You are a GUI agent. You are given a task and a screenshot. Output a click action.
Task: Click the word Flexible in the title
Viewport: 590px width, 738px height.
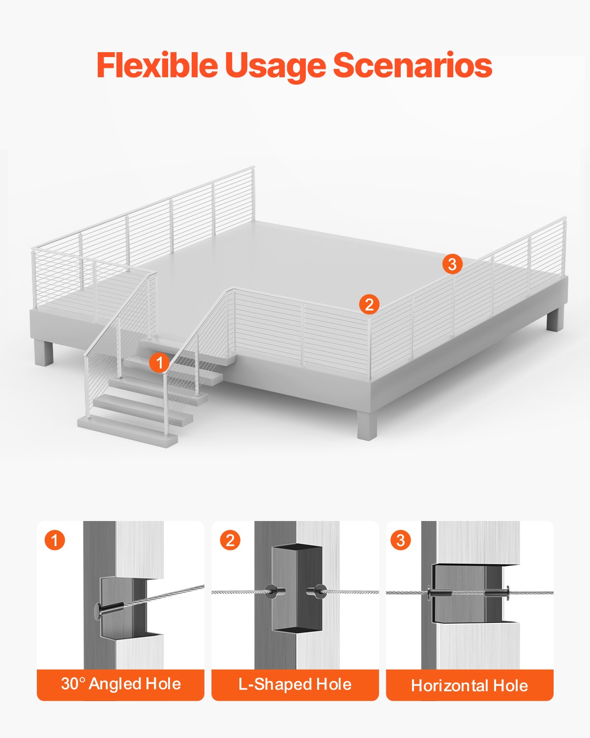tap(157, 65)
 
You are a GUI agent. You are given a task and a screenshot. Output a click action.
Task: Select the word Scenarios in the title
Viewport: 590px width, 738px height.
tap(413, 65)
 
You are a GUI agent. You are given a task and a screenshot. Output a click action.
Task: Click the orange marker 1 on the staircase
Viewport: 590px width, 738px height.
tap(159, 363)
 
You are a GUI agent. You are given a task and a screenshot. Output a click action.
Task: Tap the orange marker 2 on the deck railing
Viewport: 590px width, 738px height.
tap(369, 304)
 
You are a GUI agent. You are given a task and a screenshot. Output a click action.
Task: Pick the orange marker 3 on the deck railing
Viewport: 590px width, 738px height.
tap(452, 264)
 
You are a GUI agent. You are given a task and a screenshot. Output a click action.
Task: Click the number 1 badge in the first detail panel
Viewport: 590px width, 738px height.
tap(55, 540)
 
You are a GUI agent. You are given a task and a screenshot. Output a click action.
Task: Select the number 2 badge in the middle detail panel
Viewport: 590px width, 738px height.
tap(230, 540)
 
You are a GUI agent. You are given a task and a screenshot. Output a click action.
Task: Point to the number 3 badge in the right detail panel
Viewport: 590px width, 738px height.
tap(401, 540)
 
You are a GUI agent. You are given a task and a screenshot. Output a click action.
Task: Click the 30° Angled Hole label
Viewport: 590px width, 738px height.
tap(121, 684)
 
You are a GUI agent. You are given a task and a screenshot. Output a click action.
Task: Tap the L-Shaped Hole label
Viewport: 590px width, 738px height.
tap(295, 684)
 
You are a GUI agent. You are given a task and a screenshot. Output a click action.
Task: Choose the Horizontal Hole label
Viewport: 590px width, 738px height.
tap(470, 685)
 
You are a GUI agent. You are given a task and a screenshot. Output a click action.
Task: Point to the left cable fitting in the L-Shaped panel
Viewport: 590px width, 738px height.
tap(271, 591)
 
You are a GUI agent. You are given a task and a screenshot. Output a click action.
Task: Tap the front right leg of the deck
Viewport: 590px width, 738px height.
tap(367, 423)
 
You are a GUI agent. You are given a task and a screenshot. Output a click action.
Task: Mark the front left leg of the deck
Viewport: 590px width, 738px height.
tap(44, 352)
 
